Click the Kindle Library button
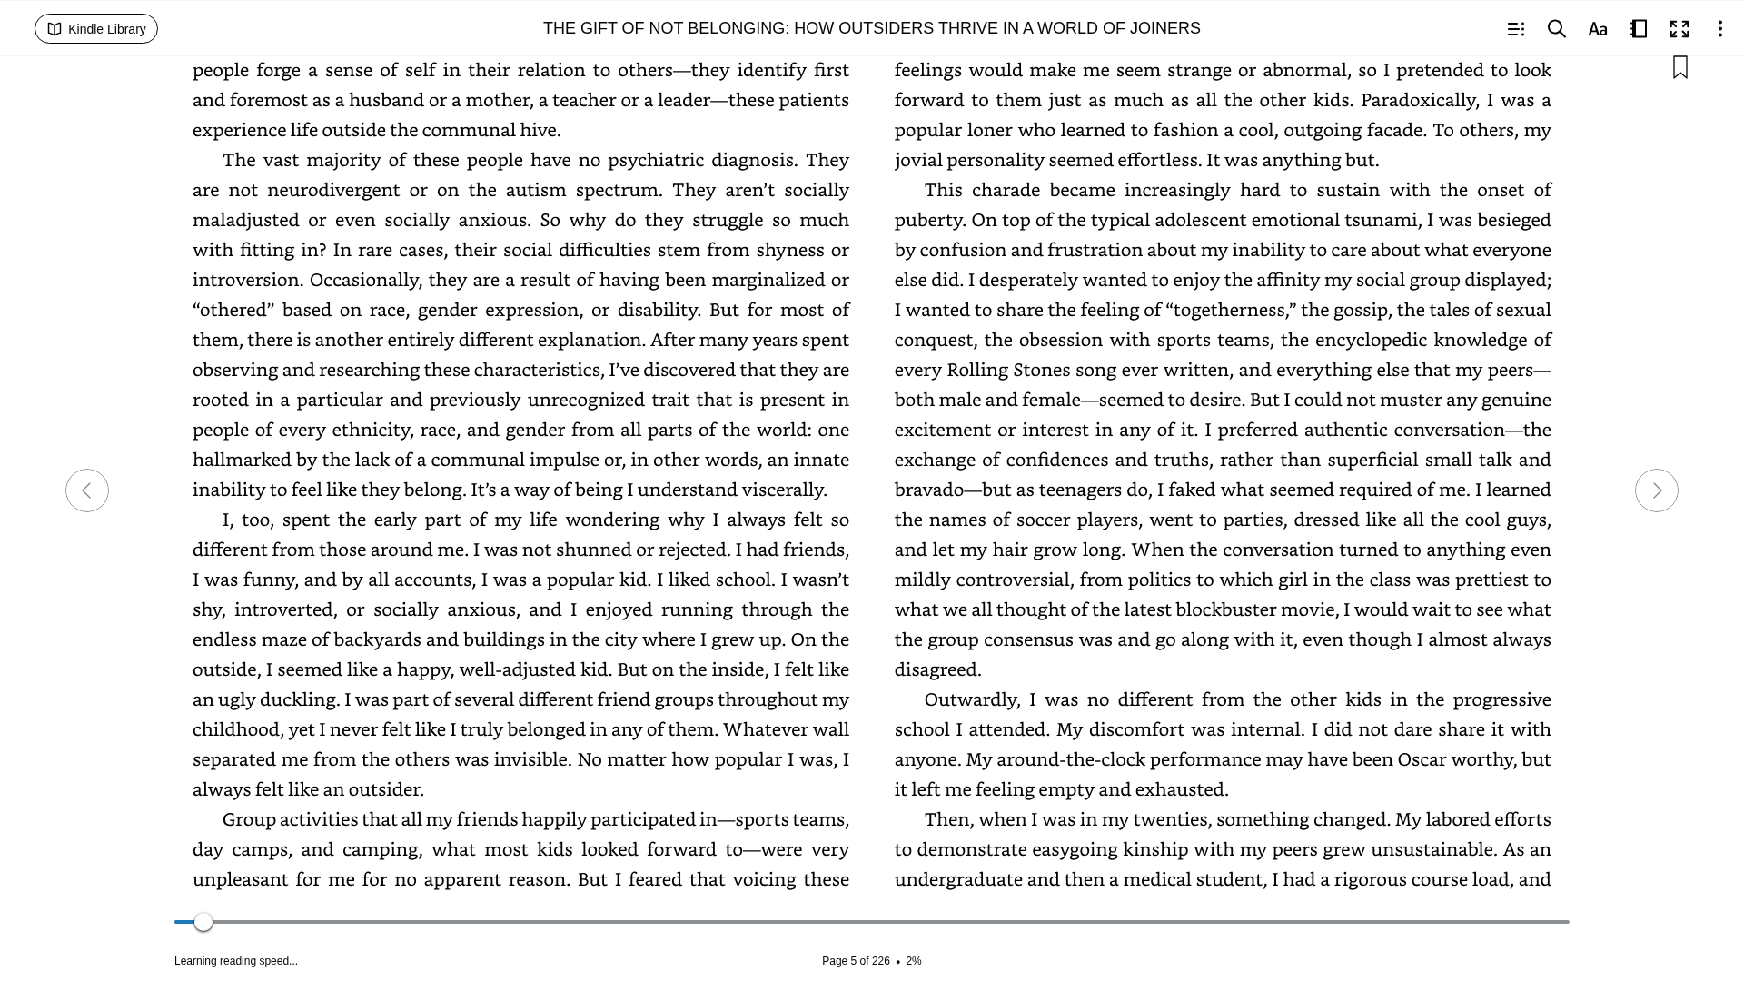96,29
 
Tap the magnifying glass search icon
1556,29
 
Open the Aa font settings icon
1598,29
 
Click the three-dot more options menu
1719,29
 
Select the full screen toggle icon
1680,29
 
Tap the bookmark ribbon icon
1680,68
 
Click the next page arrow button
1656,490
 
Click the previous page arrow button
87,490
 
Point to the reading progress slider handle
203,922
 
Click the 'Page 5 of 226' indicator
856,961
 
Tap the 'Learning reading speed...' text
236,961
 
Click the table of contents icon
1515,29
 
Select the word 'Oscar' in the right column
1422,759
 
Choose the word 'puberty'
929,220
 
